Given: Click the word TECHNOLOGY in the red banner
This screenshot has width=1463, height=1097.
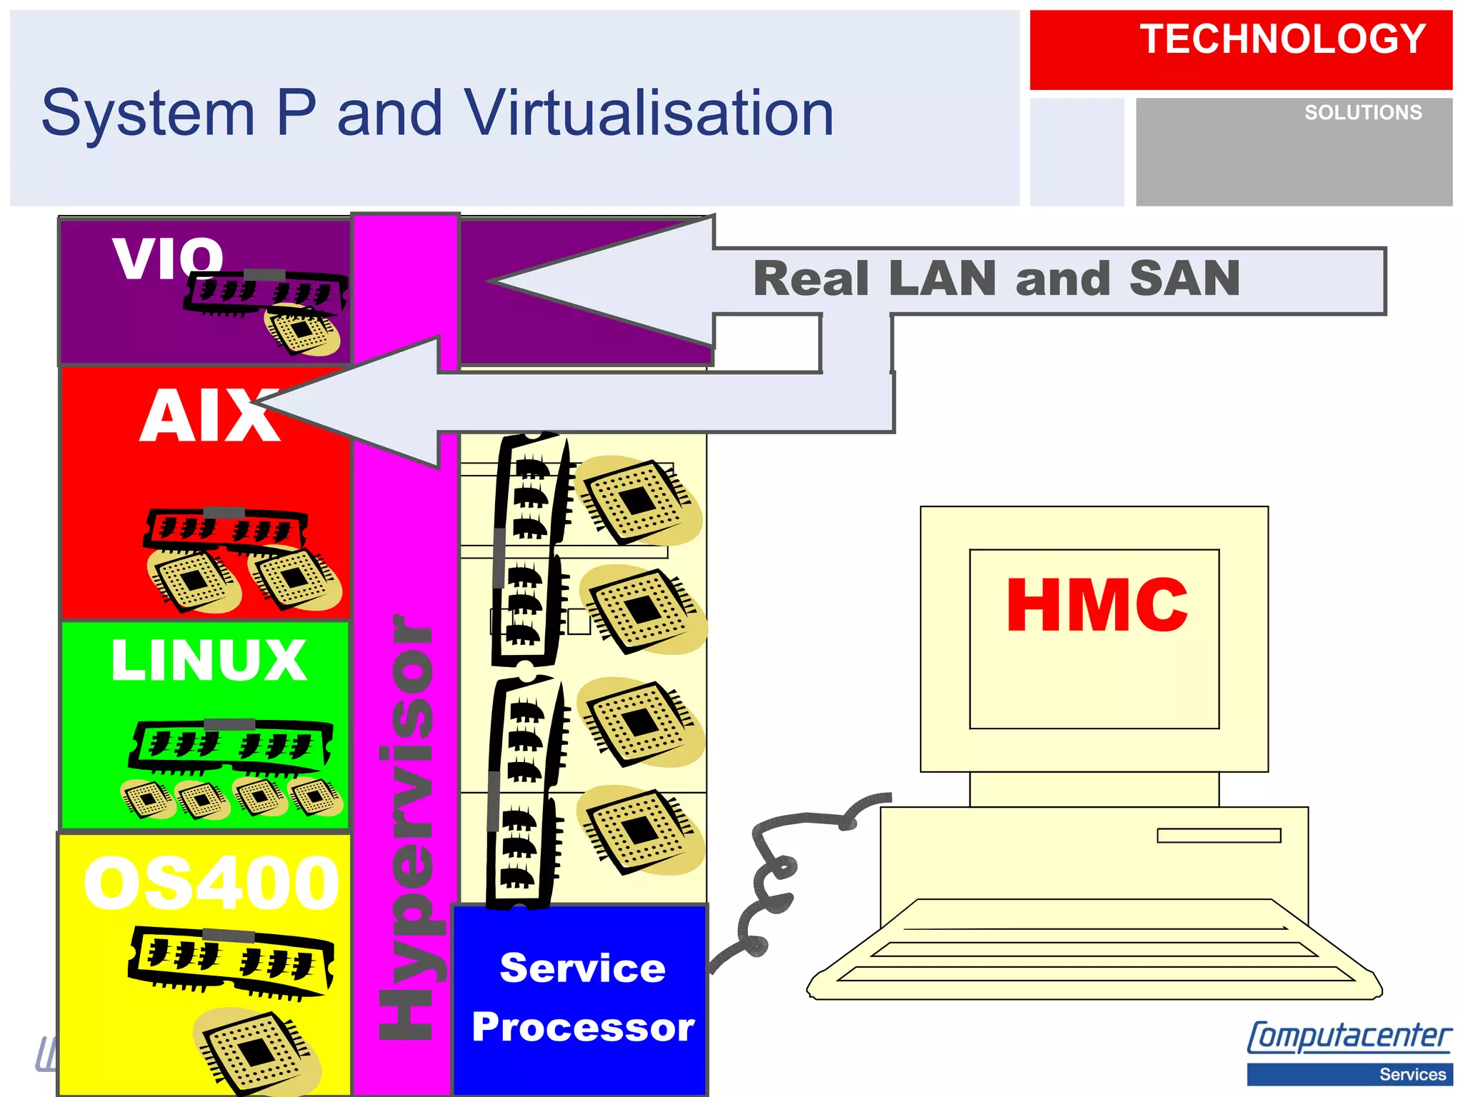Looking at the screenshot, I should (x=1282, y=39).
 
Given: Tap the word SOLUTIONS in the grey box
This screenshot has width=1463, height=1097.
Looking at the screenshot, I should (x=1363, y=113).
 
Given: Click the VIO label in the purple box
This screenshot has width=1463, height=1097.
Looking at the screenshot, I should (x=169, y=259).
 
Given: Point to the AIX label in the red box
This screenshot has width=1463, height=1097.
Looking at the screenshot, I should (x=209, y=417).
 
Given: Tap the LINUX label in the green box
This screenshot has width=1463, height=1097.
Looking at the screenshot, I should (x=209, y=660).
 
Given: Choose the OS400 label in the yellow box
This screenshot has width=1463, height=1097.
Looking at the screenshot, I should (x=211, y=884).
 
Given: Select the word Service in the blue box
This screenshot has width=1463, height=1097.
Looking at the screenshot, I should (x=582, y=968).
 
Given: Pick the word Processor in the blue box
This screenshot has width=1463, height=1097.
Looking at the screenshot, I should (x=583, y=1027).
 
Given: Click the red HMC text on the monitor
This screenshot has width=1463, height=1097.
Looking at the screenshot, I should (x=1097, y=606).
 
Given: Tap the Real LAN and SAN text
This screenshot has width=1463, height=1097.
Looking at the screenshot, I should (x=997, y=279).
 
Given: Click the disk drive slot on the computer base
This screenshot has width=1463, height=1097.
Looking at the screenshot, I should (x=1219, y=836).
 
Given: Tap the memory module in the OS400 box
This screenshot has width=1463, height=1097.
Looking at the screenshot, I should (x=230, y=960).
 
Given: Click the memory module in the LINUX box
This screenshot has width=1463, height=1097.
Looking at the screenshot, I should (x=230, y=747).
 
